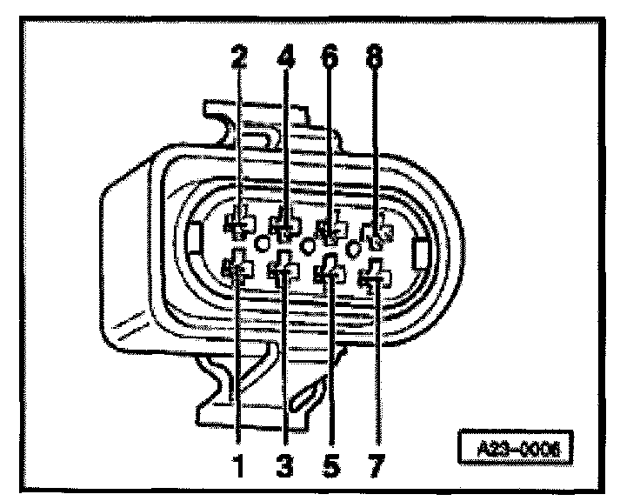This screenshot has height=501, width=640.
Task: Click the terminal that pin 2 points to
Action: coord(237,225)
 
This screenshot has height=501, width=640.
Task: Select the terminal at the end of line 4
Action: coord(283,227)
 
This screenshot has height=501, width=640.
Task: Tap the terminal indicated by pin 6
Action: coord(330,230)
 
